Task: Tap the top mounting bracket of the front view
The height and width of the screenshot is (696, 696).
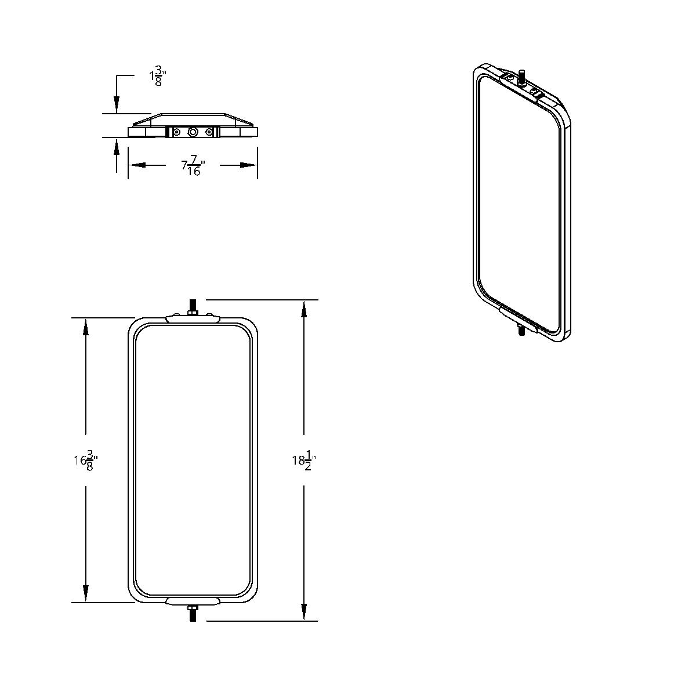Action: coord(193,318)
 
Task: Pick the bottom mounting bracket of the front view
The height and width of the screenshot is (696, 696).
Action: coord(193,601)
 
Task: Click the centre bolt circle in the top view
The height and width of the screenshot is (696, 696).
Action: coord(193,133)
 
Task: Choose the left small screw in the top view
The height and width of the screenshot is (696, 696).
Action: coord(177,133)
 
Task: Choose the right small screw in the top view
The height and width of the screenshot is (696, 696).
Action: coord(208,133)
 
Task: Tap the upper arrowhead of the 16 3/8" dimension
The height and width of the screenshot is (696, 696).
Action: coord(86,327)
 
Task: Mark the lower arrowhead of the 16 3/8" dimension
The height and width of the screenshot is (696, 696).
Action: coord(86,593)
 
